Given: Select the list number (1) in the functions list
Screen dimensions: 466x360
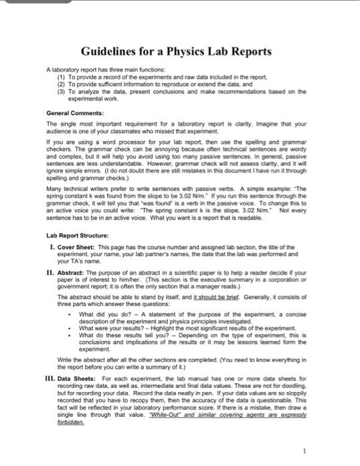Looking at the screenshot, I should [62, 77].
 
